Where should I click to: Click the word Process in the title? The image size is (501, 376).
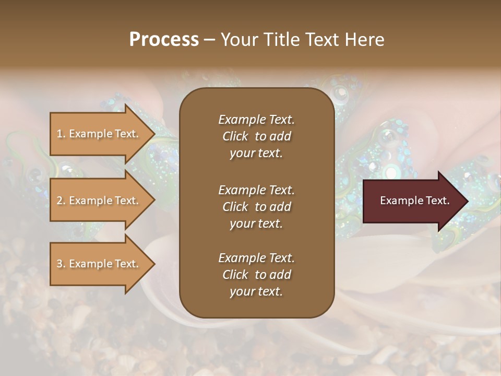[x=164, y=40]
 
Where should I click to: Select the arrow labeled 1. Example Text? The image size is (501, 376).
[x=99, y=134]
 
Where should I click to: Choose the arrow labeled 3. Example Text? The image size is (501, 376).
[x=99, y=264]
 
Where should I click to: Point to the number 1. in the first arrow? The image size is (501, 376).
[x=61, y=134]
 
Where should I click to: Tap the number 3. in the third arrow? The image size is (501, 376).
[x=61, y=264]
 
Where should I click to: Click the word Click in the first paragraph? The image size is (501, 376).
[x=235, y=137]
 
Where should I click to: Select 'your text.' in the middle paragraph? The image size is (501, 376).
[x=256, y=224]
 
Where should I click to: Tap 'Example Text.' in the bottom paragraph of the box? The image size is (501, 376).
[x=256, y=258]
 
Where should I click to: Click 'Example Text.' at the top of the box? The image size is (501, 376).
[x=256, y=120]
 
